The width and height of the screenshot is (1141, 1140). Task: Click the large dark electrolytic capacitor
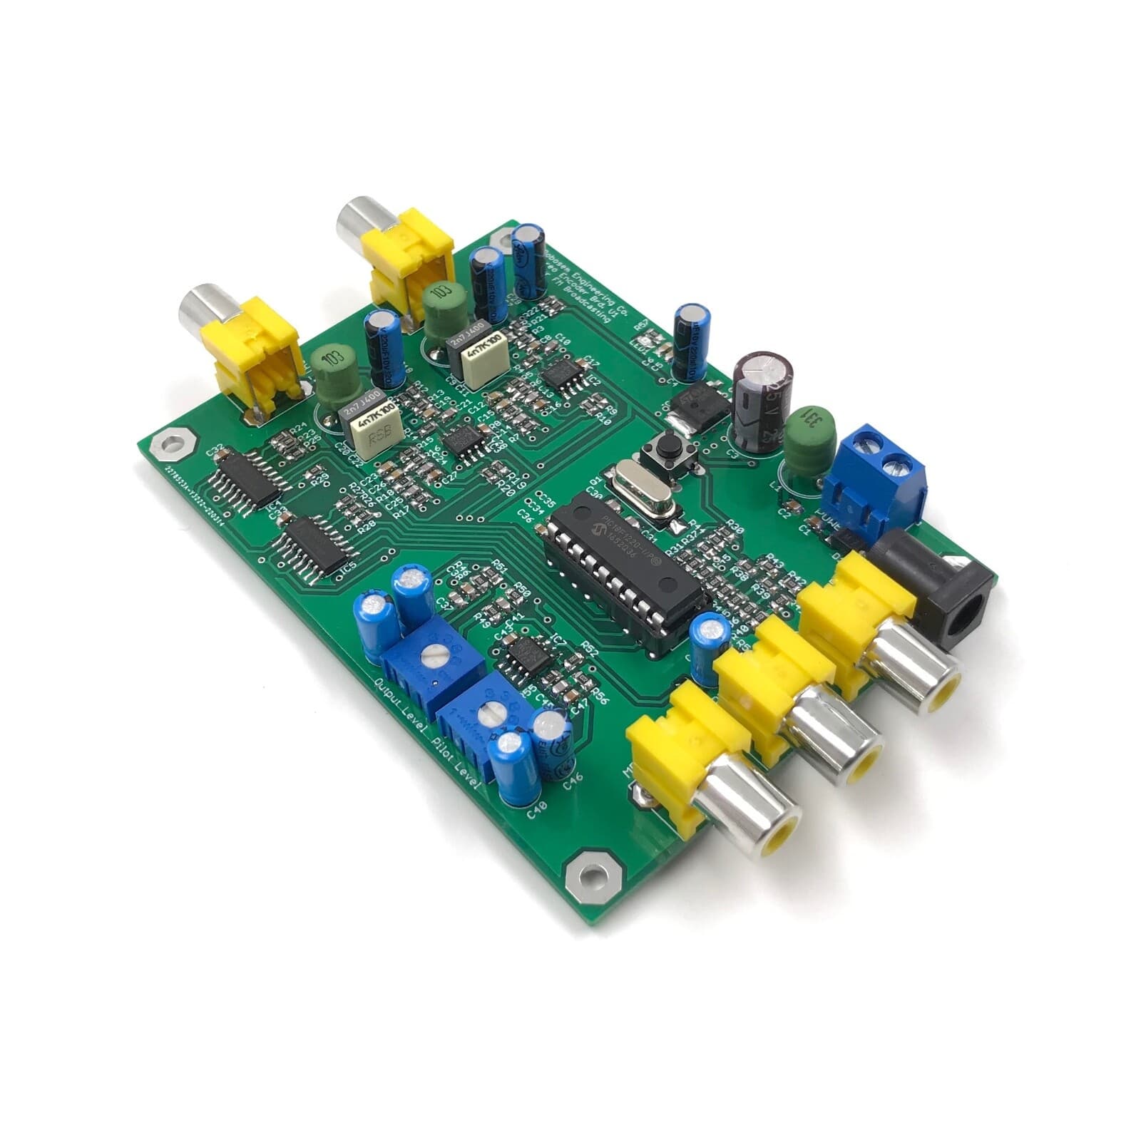759,399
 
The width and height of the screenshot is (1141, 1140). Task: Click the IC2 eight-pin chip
564,375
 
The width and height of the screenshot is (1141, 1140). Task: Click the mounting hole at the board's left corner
171,446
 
